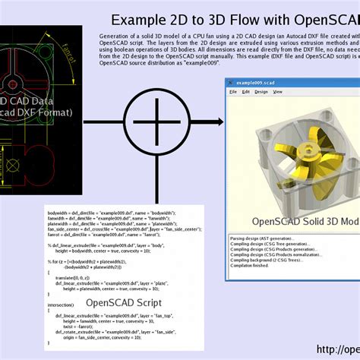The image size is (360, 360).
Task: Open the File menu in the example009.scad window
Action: point(233,92)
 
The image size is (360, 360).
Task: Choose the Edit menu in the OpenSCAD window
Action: point(245,92)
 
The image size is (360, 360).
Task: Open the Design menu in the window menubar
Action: point(261,92)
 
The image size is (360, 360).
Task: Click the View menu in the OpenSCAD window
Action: point(277,92)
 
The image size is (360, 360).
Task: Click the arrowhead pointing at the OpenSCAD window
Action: point(220,122)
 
